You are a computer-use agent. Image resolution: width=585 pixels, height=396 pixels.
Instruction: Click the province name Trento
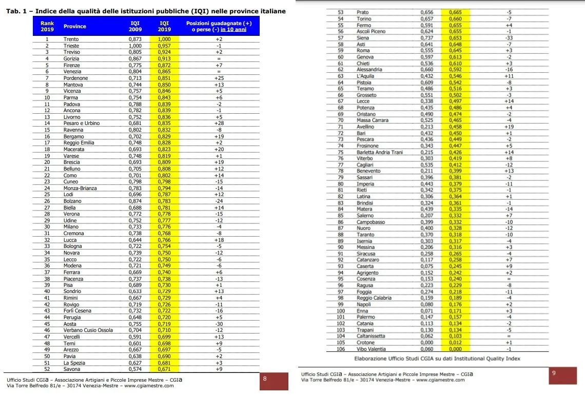[x=71, y=39]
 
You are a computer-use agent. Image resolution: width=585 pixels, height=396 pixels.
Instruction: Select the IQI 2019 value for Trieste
[x=164, y=46]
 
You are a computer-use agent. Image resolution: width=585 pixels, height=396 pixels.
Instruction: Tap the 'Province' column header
[x=74, y=26]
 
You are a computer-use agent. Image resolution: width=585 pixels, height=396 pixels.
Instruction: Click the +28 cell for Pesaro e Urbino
[x=219, y=123]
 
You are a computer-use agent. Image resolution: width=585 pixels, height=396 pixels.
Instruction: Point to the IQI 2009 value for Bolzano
[x=135, y=201]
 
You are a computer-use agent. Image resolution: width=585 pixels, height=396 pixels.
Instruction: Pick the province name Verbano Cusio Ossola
[x=88, y=330]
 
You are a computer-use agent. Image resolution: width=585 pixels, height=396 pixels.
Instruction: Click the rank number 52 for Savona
[x=47, y=369]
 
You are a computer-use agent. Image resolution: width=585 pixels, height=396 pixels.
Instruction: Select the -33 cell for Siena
[x=509, y=38]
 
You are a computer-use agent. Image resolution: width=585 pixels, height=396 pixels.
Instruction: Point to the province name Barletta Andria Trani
[x=380, y=152]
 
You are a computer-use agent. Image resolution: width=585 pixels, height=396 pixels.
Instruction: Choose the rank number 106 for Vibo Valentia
[x=341, y=349]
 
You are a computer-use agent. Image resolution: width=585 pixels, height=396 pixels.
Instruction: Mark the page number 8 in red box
[x=264, y=379]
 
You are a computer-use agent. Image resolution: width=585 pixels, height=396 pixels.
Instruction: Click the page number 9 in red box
[x=554, y=373]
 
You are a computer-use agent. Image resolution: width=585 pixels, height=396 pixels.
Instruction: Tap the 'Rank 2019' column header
[x=47, y=26]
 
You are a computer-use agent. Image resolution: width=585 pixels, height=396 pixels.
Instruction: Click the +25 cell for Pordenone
[x=219, y=78]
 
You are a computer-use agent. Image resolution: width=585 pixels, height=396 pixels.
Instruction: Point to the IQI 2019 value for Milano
[x=164, y=227]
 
